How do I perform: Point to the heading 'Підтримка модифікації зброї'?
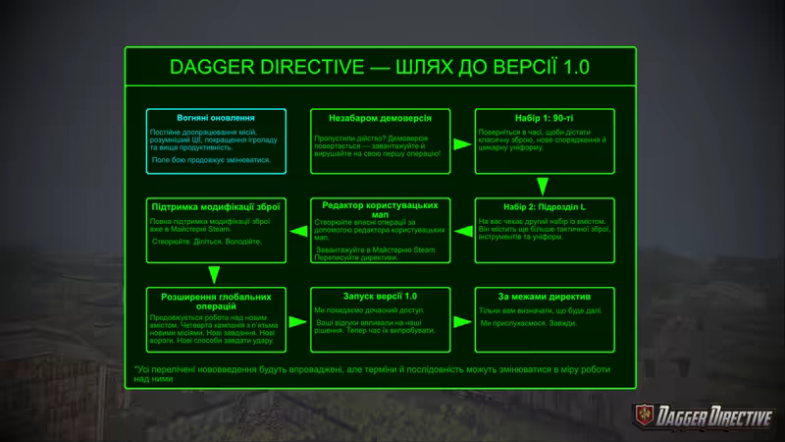[217, 207]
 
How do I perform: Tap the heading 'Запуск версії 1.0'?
[381, 296]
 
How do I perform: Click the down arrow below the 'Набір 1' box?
[543, 187]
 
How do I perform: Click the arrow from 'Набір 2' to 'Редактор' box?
[463, 232]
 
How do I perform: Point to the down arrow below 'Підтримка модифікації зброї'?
[214, 275]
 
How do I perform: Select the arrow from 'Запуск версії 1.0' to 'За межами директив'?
[463, 319]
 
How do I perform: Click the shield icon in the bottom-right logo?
[644, 414]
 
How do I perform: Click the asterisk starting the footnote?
[136, 369]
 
